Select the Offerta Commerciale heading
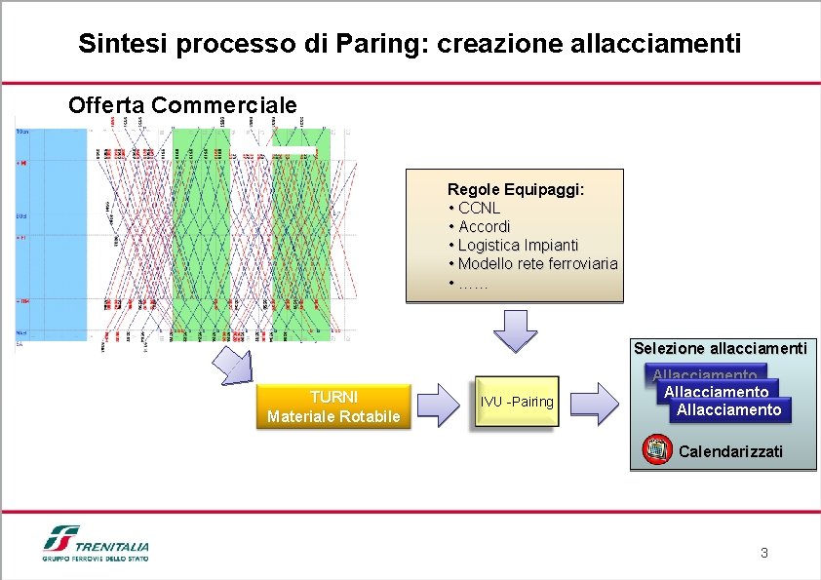point(182,104)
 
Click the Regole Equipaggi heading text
point(516,189)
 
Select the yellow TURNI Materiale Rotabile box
point(333,406)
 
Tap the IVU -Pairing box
point(516,402)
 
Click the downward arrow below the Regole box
point(515,329)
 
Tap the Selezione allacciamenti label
point(720,348)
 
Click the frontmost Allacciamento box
point(729,410)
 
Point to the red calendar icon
point(658,449)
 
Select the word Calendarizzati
point(730,451)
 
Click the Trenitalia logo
point(96,544)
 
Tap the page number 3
point(763,553)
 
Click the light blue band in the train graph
point(53,234)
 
